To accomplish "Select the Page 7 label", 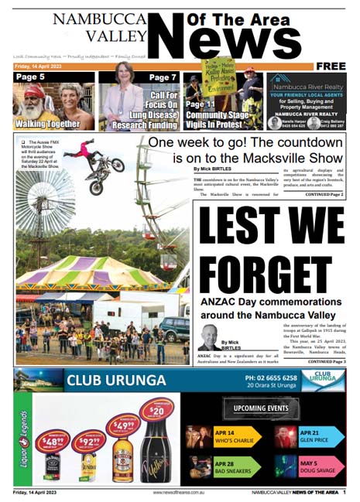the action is click(x=163, y=77).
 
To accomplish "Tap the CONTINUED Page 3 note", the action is click(x=325, y=361).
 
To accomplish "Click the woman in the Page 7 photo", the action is click(x=124, y=97).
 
